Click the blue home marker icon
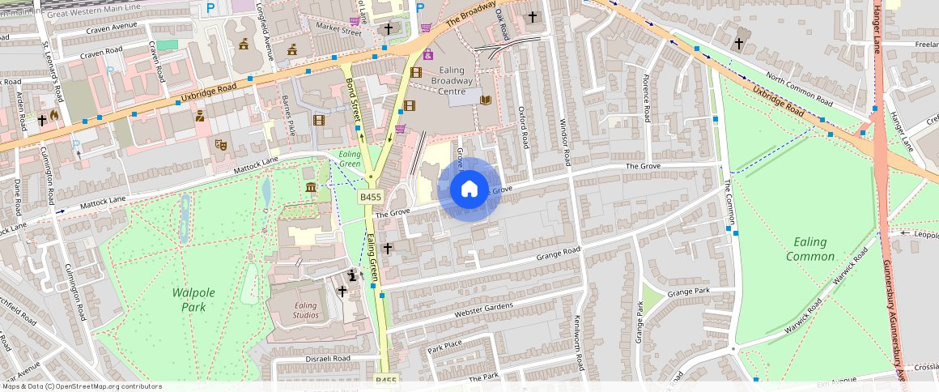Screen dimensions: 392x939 [469, 190]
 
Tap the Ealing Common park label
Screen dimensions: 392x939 [809, 249]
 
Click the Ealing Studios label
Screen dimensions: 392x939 [305, 310]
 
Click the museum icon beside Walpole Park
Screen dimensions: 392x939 [312, 189]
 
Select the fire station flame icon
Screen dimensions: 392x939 [53, 117]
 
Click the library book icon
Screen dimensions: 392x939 [486, 100]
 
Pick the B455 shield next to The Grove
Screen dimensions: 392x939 [370, 197]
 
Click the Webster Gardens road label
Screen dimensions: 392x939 [484, 309]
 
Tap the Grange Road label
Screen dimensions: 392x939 [559, 254]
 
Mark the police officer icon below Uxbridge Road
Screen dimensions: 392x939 [199, 117]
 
